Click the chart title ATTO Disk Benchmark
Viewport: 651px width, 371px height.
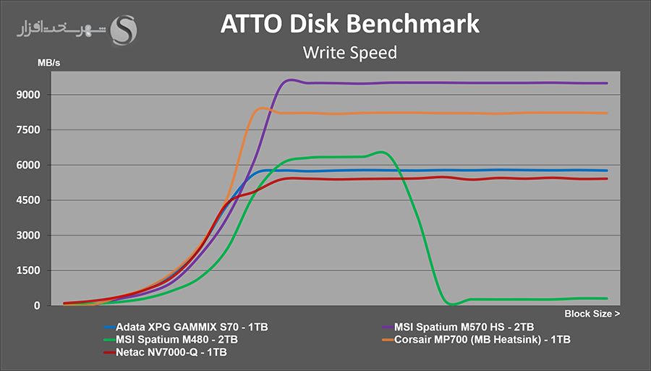(x=349, y=24)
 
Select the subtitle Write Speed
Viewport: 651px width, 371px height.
(x=349, y=52)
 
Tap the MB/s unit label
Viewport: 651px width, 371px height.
(x=49, y=63)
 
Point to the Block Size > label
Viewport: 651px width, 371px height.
(x=592, y=314)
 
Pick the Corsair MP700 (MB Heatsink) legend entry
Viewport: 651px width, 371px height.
(x=482, y=338)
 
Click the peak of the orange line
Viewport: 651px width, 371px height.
(x=262, y=108)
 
